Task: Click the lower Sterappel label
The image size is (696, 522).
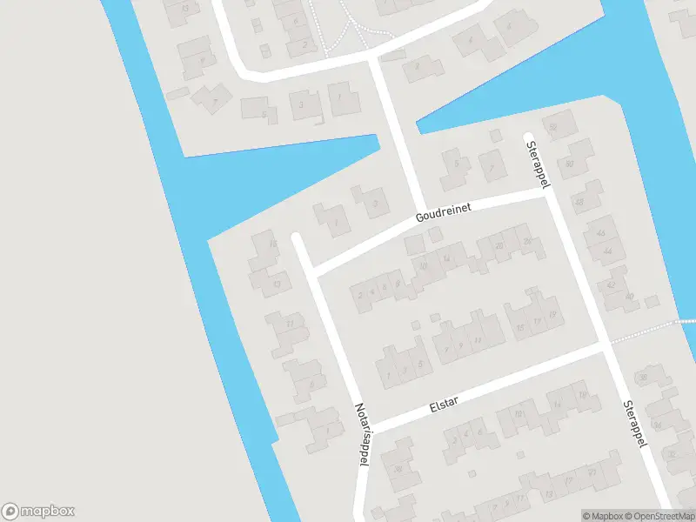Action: pyautogui.click(x=637, y=425)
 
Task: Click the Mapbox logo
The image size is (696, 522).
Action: pyautogui.click(x=38, y=512)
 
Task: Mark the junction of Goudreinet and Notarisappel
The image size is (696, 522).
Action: pyautogui.click(x=315, y=271)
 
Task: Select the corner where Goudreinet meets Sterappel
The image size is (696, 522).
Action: pyautogui.click(x=545, y=195)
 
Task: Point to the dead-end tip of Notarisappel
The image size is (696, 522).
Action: pyautogui.click(x=297, y=237)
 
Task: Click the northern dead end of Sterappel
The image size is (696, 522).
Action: pyautogui.click(x=527, y=137)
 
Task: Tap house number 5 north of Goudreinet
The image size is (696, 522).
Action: pyautogui.click(x=455, y=165)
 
